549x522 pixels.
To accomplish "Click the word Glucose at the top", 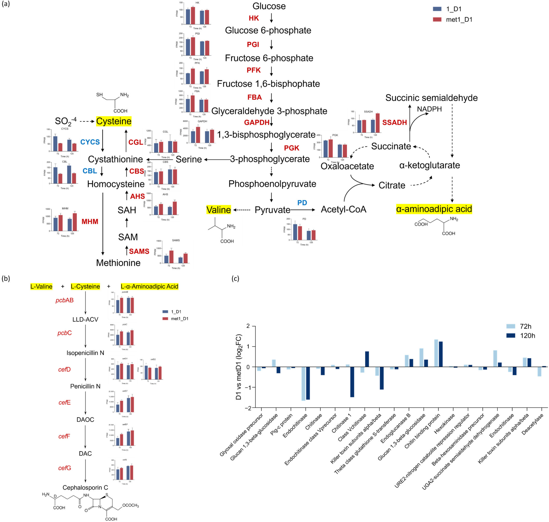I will click(269, 6).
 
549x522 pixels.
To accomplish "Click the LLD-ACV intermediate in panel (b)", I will click(85, 319).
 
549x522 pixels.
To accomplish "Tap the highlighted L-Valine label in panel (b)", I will click(41, 286).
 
